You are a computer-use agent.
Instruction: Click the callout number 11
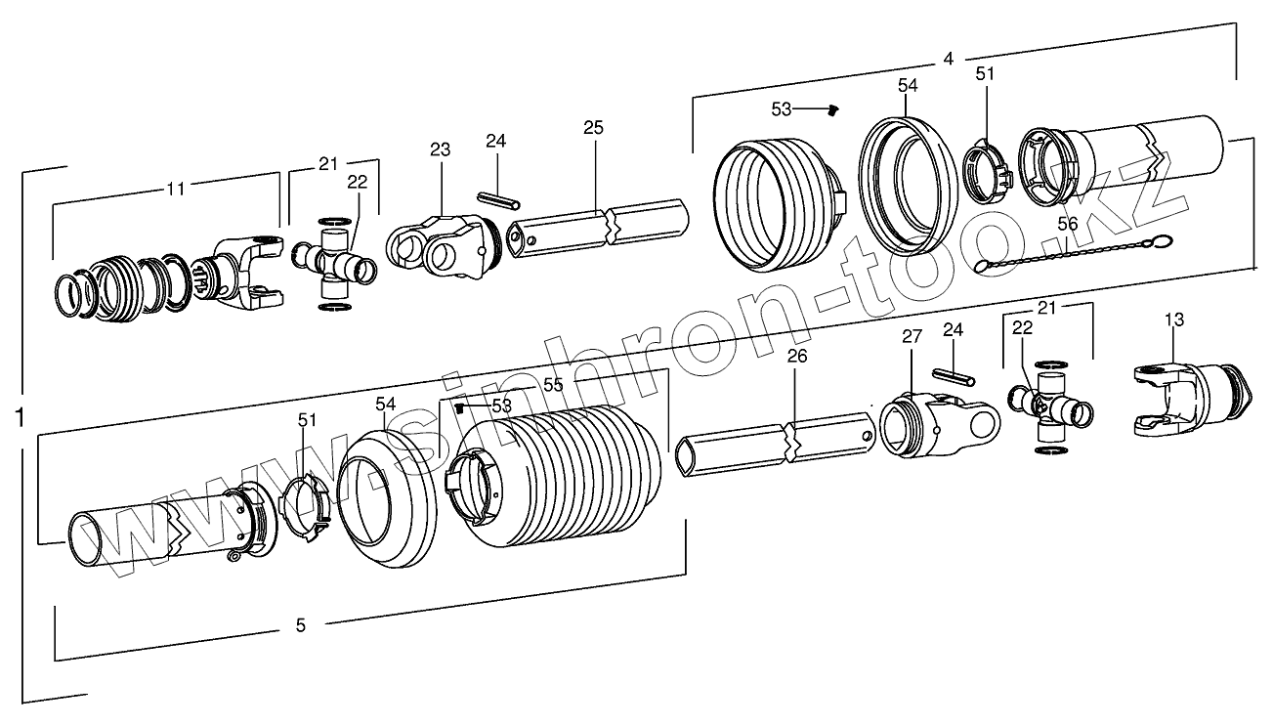(x=175, y=190)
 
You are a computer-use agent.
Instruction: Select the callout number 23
(x=440, y=149)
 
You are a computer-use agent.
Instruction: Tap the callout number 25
(x=593, y=128)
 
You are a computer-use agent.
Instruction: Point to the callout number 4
(x=947, y=59)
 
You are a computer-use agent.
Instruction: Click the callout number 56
(x=1068, y=224)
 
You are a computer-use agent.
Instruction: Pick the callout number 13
(x=1173, y=320)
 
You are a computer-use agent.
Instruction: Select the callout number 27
(x=911, y=336)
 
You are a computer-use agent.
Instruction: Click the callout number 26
(x=797, y=357)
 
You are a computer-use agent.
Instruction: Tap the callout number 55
(x=553, y=385)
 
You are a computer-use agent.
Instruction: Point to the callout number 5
(x=300, y=624)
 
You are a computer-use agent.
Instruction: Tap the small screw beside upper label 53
(x=833, y=110)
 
